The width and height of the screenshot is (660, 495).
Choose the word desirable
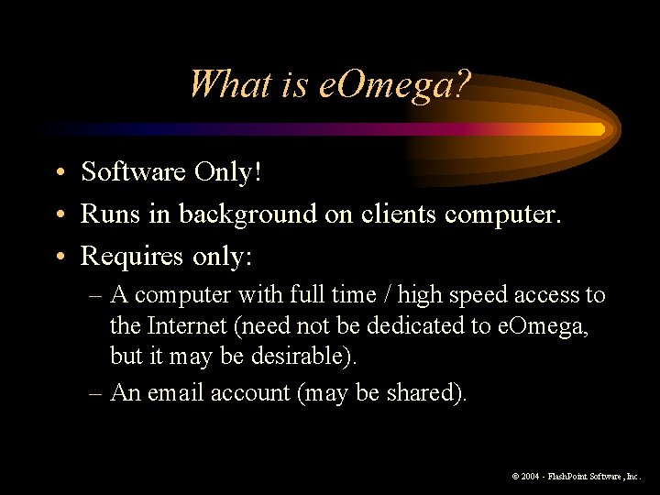303,357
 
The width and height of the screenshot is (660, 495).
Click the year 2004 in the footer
532,477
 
